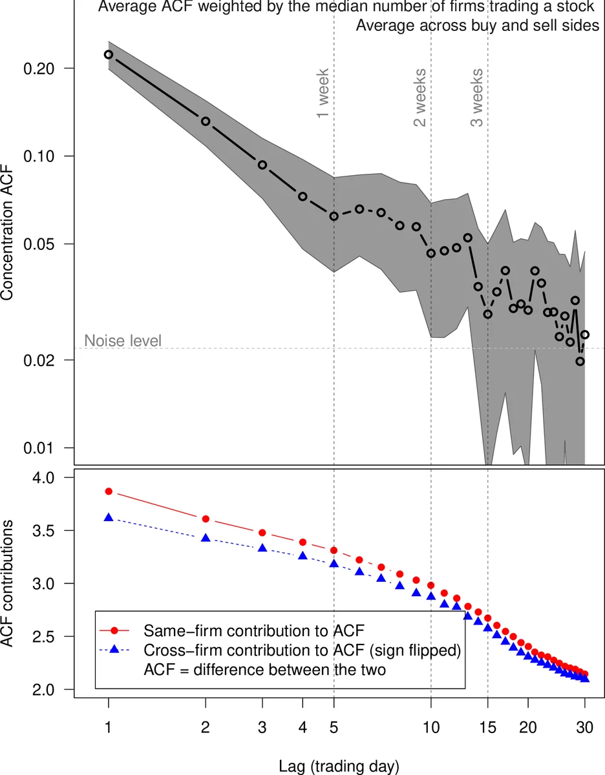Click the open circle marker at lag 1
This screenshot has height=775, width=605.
pyautogui.click(x=109, y=55)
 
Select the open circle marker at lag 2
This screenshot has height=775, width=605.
pyautogui.click(x=206, y=121)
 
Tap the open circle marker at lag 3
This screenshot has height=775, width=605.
pyautogui.click(x=262, y=165)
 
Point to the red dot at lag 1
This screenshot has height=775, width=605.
pyautogui.click(x=109, y=491)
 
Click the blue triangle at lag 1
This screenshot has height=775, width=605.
pyautogui.click(x=109, y=517)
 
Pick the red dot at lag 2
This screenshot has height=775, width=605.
pyautogui.click(x=206, y=519)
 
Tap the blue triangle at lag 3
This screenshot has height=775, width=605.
pyautogui.click(x=262, y=548)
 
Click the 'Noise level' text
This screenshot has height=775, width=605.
pyautogui.click(x=123, y=340)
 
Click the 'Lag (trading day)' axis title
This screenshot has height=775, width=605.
pyautogui.click(x=339, y=767)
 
